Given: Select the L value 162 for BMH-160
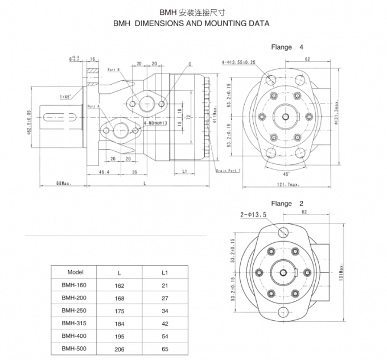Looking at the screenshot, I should pyautogui.click(x=119, y=285).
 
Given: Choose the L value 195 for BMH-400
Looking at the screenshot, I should pyautogui.click(x=119, y=336).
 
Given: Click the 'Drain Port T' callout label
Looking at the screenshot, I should pyautogui.click(x=229, y=170).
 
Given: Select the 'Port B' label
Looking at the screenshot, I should pyautogui.click(x=113, y=70).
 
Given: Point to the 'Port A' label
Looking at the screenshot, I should pyautogui.click(x=93, y=106).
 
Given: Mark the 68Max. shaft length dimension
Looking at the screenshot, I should pyautogui.click(x=64, y=183).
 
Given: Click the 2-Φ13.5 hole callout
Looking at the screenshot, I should pyautogui.click(x=253, y=215).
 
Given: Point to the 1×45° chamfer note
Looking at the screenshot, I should pyautogui.click(x=64, y=97).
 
